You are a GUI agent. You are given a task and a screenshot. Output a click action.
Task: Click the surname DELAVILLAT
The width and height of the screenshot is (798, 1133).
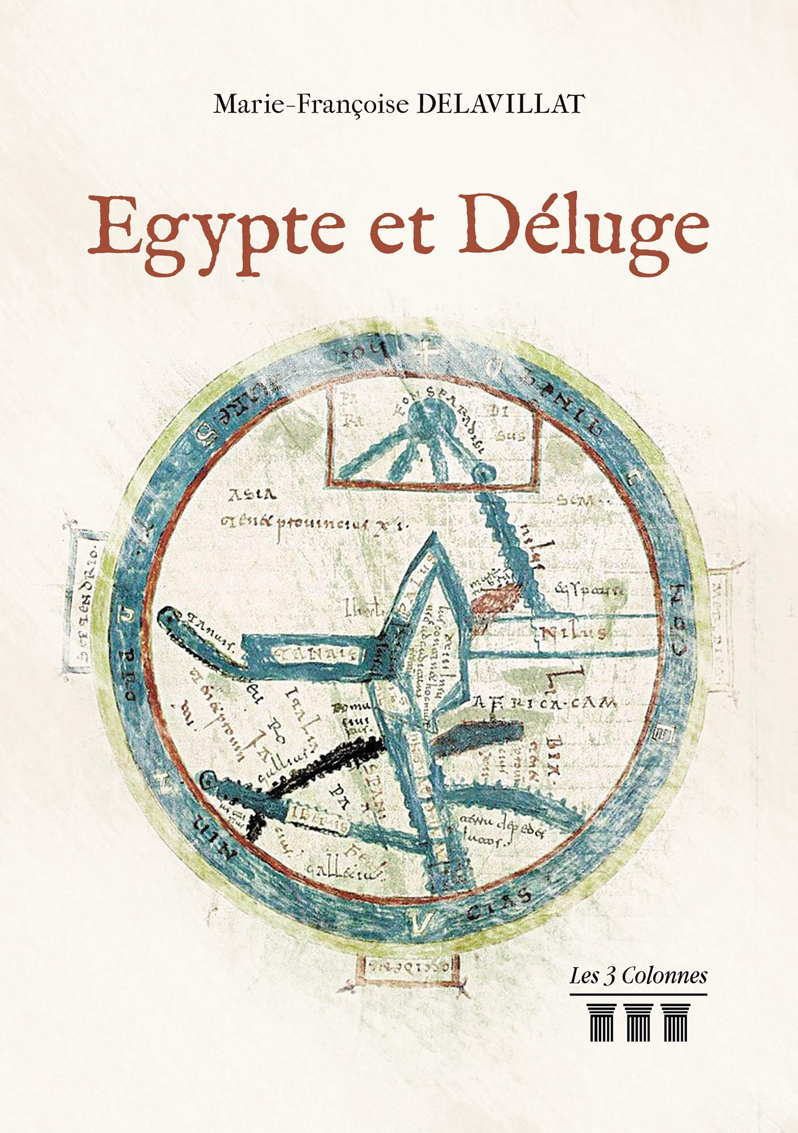pos(502,105)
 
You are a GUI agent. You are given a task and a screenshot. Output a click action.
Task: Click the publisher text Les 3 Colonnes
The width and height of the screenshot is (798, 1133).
pos(638,976)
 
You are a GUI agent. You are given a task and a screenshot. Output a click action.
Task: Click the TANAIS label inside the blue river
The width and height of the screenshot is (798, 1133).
pos(316,653)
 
